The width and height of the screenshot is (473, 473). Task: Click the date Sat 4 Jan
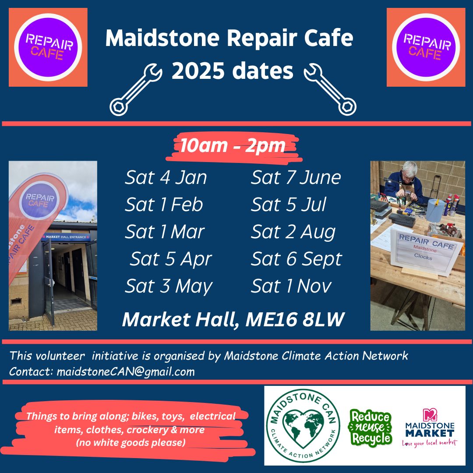[x=166, y=178]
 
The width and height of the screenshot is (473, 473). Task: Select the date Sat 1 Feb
[x=164, y=205]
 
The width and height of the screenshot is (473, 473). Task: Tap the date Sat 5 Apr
[x=171, y=259]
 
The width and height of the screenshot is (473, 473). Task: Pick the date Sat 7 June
[x=296, y=178]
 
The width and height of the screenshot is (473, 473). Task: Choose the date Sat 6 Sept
[x=296, y=259]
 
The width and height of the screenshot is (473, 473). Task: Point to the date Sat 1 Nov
[x=291, y=286]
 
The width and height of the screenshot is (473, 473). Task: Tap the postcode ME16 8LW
[x=295, y=320]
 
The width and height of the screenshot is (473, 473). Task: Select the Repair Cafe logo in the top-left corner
[x=48, y=47]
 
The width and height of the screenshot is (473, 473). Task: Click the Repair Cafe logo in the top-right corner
[x=426, y=47]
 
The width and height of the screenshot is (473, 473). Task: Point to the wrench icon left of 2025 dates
[x=135, y=89]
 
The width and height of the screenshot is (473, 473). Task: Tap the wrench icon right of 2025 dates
[x=330, y=89]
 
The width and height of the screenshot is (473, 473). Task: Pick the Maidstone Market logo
[x=429, y=427]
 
